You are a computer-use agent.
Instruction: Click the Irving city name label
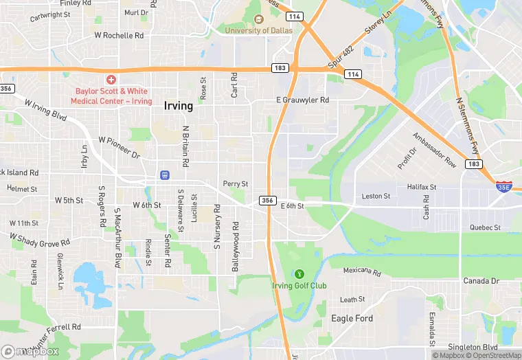(178, 106)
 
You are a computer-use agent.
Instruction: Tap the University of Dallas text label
(258, 30)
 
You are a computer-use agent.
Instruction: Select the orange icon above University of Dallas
(258, 19)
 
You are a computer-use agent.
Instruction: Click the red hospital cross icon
(111, 80)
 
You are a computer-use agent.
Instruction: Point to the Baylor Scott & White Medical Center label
(111, 95)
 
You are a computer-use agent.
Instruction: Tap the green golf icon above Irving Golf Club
(299, 273)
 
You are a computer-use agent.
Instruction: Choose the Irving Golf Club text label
(299, 286)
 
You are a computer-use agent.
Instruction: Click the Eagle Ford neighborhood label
(352, 318)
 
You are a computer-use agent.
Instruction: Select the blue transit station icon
(164, 175)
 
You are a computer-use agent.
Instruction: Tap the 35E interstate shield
(505, 186)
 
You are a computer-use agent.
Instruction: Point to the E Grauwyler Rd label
(302, 100)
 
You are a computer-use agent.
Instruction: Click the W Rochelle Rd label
(119, 35)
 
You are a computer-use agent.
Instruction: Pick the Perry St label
(236, 183)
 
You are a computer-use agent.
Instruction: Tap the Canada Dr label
(480, 281)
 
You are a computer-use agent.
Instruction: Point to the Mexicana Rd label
(361, 271)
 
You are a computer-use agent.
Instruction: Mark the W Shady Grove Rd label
(39, 239)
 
